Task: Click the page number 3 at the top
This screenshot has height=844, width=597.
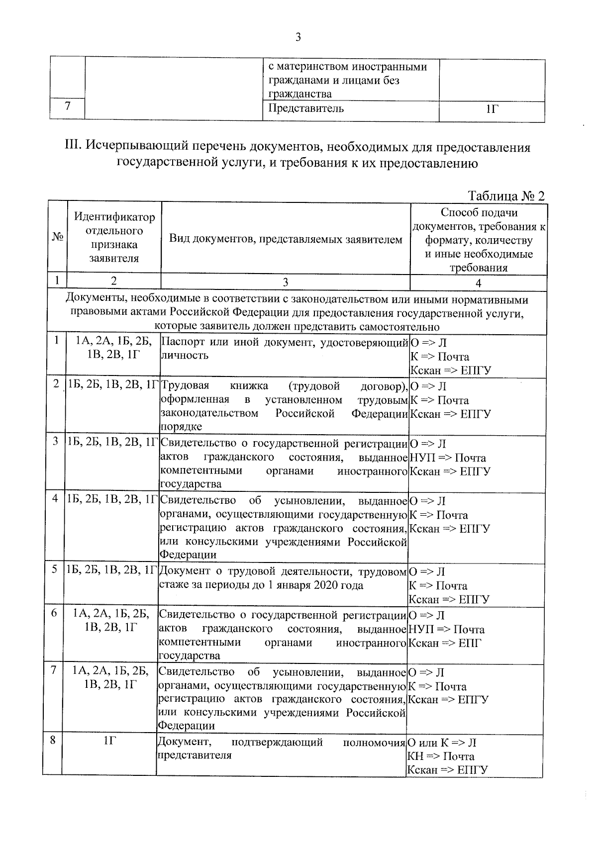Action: pyautogui.click(x=298, y=37)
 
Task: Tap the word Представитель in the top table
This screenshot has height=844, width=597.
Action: pyautogui.click(x=305, y=108)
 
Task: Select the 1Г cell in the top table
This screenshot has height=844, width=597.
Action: pyautogui.click(x=492, y=109)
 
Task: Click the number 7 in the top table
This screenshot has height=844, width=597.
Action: pyautogui.click(x=67, y=106)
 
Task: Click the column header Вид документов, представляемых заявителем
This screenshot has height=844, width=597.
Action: pyautogui.click(x=286, y=240)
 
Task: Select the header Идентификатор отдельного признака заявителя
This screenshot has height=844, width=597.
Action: pyautogui.click(x=114, y=237)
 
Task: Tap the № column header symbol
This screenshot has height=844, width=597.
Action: pyautogui.click(x=58, y=237)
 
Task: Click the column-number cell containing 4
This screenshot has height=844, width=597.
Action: pyautogui.click(x=478, y=283)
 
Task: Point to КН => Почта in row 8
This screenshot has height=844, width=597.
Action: pyautogui.click(x=441, y=756)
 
